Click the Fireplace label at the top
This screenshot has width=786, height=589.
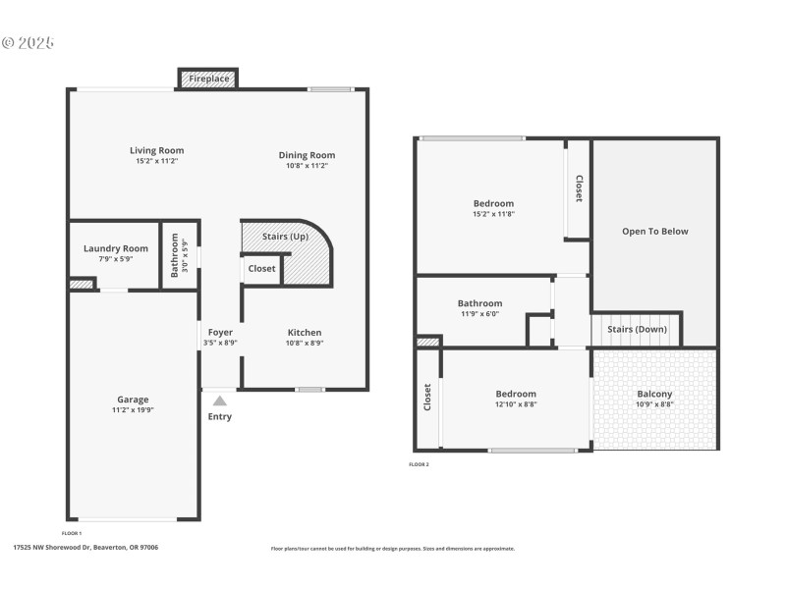pos(208,78)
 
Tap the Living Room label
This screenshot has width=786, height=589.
pos(156,151)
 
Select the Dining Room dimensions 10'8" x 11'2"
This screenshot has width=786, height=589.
pos(307,166)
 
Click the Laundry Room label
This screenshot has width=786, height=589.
pos(116,248)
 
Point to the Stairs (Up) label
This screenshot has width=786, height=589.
pos(285,237)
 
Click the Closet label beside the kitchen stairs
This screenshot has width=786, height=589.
pos(261,268)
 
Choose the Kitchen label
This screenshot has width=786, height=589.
pos(304,332)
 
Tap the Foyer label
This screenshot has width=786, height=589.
pos(219,332)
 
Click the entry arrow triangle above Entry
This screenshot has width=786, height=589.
pos(220,400)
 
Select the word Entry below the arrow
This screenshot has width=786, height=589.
pos(220,416)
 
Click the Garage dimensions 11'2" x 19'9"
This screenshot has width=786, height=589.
pos(133,410)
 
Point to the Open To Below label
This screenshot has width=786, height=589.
pos(654,232)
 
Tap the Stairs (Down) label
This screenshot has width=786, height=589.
pos(637,329)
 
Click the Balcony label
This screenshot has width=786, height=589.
pos(654,394)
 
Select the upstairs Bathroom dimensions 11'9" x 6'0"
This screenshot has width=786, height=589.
pos(479,314)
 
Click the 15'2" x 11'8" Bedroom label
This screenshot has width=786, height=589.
pos(493,203)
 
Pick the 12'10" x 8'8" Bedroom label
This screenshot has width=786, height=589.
pos(515,394)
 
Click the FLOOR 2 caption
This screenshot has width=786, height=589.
pos(419,464)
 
